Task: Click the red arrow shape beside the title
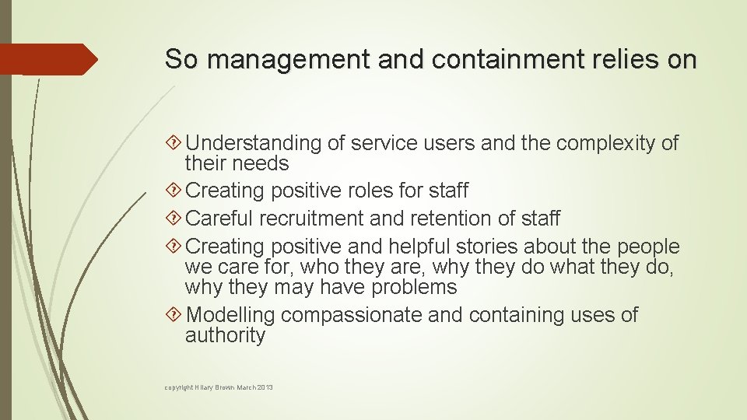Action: (x=48, y=59)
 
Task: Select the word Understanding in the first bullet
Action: (x=254, y=143)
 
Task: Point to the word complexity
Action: (x=598, y=143)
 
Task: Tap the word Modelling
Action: (x=231, y=316)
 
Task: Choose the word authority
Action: (x=225, y=336)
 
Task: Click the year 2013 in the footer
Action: (x=265, y=387)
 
